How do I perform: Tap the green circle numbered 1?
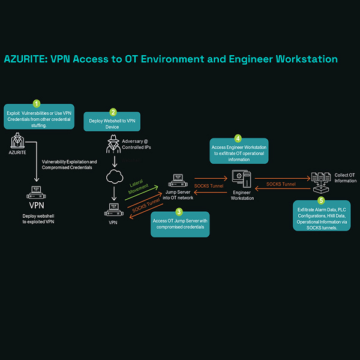point(37,103)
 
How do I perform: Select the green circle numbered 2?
point(113,112)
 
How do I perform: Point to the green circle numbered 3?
point(179,211)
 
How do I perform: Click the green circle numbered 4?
point(238,137)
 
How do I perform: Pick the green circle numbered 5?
point(321,200)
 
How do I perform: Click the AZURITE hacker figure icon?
point(17,142)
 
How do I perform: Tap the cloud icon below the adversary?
point(113,178)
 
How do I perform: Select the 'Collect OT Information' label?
point(344,178)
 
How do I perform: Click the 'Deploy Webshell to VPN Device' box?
point(112,122)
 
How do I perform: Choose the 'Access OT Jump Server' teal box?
point(179,224)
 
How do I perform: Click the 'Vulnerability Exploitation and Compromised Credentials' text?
point(70,164)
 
